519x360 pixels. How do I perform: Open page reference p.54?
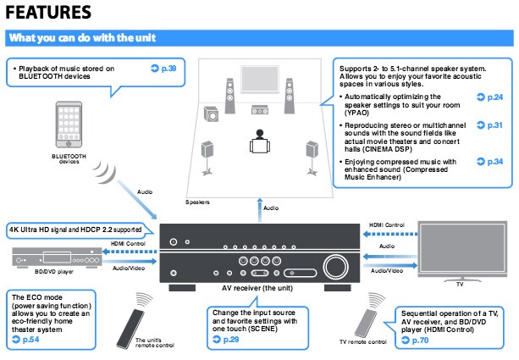pos(29,339)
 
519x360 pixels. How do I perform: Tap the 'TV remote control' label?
pos(363,341)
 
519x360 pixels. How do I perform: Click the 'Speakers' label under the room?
pos(197,202)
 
